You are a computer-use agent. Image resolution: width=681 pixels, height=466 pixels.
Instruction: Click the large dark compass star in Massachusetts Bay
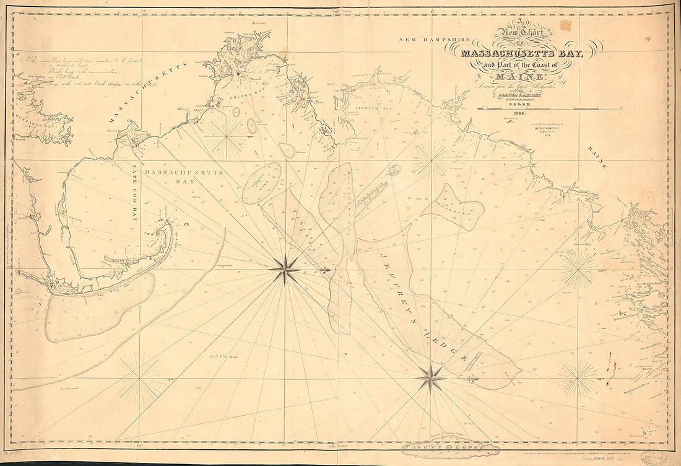(x=285, y=268)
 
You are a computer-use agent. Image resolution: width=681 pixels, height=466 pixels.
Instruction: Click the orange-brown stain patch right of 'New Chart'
(x=565, y=25)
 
